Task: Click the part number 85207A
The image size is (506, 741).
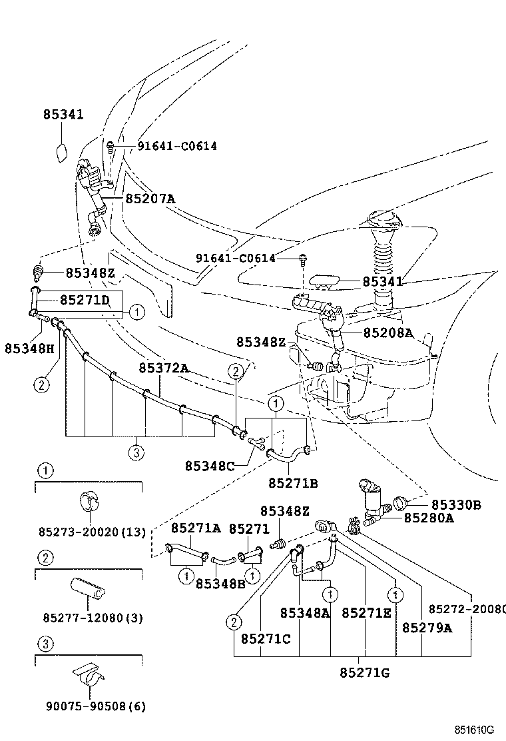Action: [x=150, y=199]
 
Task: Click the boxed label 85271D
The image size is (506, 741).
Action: [x=84, y=300]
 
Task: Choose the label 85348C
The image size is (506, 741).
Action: [x=210, y=466]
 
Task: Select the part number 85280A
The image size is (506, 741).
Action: [x=429, y=518]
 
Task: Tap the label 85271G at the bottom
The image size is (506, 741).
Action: [x=364, y=672]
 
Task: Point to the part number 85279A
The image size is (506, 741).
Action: [x=426, y=627]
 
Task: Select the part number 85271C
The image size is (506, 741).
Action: [x=266, y=638]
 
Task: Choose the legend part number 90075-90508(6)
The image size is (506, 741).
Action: [x=90, y=706]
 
